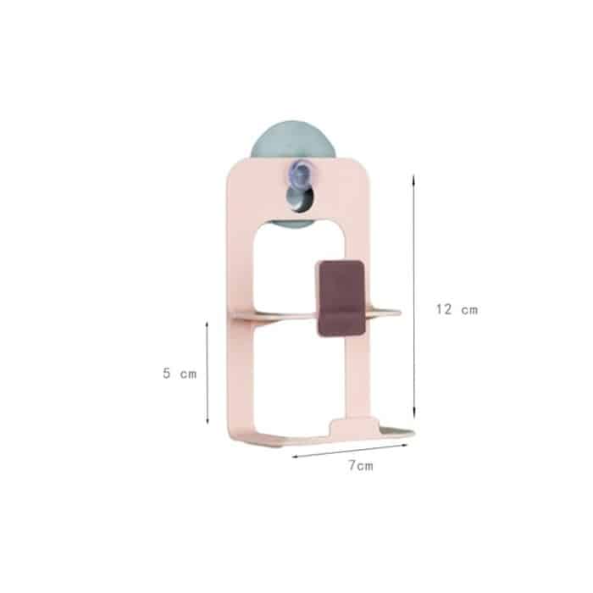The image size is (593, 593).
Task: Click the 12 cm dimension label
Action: [457, 309]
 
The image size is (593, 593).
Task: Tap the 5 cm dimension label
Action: [180, 374]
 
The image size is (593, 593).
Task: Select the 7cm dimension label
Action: [361, 466]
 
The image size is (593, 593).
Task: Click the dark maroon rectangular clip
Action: [341, 298]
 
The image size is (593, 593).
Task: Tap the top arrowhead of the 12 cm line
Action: [413, 178]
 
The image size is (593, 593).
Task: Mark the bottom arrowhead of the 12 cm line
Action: [414, 415]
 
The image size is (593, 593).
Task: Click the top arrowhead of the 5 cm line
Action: [207, 324]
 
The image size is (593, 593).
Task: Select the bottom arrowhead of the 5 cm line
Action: [208, 420]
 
